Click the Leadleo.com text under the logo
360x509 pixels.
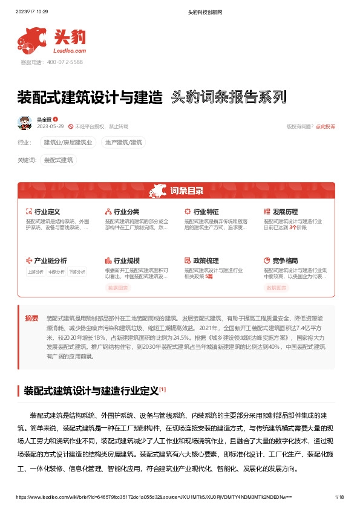pyautogui.click(x=69, y=51)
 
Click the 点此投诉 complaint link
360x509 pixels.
pyautogui.click(x=325, y=126)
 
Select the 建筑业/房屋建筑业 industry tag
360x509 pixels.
pyautogui.click(x=68, y=143)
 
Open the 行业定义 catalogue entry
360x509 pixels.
pyautogui.click(x=47, y=212)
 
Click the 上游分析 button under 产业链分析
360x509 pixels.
pyautogui.click(x=36, y=272)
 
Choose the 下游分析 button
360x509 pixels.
pyautogui.click(x=76, y=272)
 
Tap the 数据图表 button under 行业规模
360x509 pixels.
pyautogui.click(x=119, y=288)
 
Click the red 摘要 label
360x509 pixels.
pyautogui.click(x=31, y=318)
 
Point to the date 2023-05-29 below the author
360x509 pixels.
pyautogui.click(x=50, y=126)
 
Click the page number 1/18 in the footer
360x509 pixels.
pyautogui.click(x=339, y=496)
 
